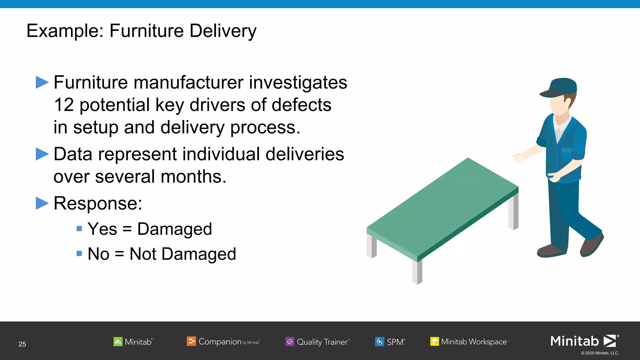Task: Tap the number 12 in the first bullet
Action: [x=64, y=105]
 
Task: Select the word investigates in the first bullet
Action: [x=298, y=82]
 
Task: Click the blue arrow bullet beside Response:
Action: [x=42, y=203]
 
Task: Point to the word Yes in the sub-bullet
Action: [x=102, y=229]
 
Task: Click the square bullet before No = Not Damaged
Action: [x=79, y=253]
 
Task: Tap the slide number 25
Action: [x=22, y=344]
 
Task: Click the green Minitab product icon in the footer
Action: [x=118, y=342]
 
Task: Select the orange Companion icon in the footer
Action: [x=191, y=341]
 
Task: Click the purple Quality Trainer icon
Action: [x=290, y=342]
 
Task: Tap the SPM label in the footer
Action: [x=395, y=342]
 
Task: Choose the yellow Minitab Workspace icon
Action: [x=434, y=342]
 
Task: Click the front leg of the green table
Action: [x=417, y=272]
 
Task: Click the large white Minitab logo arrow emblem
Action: [x=610, y=341]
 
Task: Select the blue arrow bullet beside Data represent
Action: [x=42, y=154]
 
